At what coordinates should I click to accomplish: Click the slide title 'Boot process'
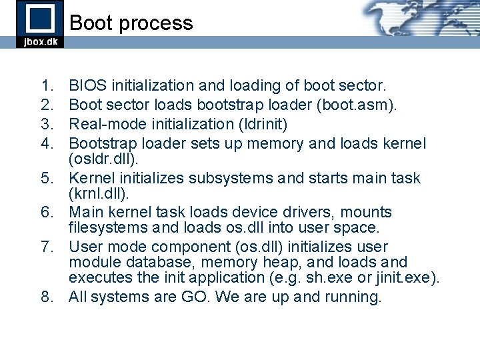(x=131, y=23)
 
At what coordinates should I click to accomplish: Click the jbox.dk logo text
(x=40, y=41)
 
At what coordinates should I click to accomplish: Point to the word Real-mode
(x=105, y=125)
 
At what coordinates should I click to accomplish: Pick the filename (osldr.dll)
(x=103, y=159)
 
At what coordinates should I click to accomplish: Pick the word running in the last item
(x=353, y=297)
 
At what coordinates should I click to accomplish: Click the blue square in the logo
(x=39, y=18)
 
